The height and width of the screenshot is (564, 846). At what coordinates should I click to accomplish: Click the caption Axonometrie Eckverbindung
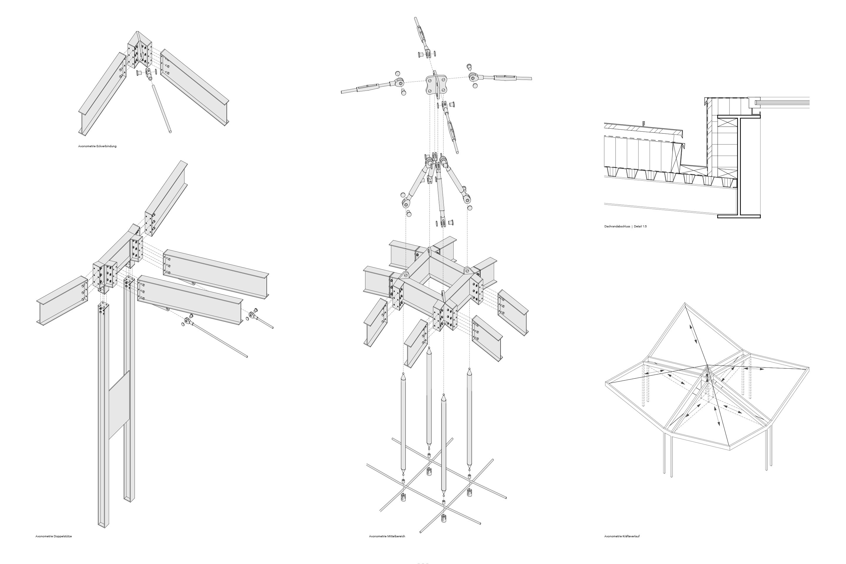tap(97, 146)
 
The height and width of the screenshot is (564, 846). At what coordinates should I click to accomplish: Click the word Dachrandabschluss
tap(617, 226)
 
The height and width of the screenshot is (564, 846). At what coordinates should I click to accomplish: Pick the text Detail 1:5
tap(640, 226)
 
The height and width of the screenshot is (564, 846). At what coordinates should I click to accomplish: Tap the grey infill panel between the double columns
tap(119, 405)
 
